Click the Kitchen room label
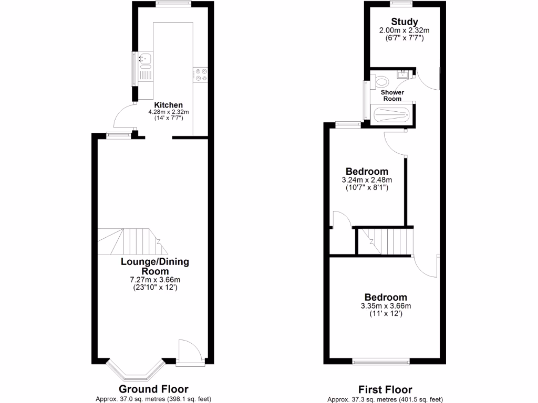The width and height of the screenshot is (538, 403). point(168,105)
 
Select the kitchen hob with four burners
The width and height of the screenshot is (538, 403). point(200,75)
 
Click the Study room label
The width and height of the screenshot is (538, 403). point(404,22)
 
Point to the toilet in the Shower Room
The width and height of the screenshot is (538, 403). point(382,82)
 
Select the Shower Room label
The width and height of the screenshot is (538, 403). point(392,96)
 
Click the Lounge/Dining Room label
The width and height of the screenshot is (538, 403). point(154,266)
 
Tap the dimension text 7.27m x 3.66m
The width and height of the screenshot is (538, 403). point(154,280)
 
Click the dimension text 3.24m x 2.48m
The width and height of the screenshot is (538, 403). point(367,180)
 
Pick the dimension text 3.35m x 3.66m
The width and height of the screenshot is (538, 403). point(385,306)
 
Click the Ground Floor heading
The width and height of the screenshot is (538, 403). point(153,389)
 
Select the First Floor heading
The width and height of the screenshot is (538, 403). point(385,389)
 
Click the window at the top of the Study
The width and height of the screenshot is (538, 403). point(401,4)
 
